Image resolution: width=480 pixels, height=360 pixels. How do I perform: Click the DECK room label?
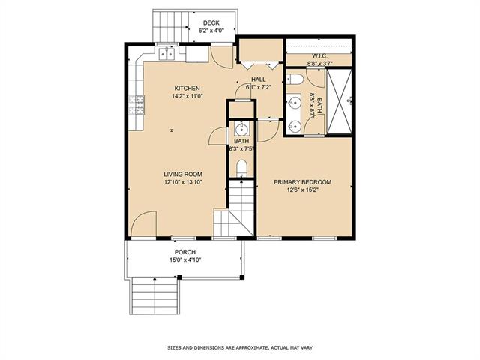point(211,23)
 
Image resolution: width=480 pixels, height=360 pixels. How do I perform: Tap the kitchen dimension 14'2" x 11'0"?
point(187,96)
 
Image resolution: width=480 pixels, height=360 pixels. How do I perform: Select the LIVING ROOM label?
point(183,175)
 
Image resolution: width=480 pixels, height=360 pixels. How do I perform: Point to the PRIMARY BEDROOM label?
point(302,182)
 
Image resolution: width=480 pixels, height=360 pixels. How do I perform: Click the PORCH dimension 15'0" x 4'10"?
point(185,260)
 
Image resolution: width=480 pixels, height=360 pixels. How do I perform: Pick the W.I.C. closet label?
point(320,56)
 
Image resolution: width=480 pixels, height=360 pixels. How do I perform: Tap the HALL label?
point(258,79)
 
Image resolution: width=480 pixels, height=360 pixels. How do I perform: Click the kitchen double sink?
point(166,54)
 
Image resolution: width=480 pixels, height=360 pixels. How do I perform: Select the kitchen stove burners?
point(136,105)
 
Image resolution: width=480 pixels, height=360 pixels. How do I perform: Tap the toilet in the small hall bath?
point(241,168)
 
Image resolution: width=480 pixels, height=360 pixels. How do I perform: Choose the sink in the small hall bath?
point(241,129)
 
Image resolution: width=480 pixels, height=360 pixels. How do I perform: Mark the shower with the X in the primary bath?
point(339,102)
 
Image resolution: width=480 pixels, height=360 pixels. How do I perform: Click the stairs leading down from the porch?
point(155,295)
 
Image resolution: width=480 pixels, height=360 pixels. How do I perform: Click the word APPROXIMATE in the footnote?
point(250,347)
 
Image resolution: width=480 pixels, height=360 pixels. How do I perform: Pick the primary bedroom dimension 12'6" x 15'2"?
point(302,190)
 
